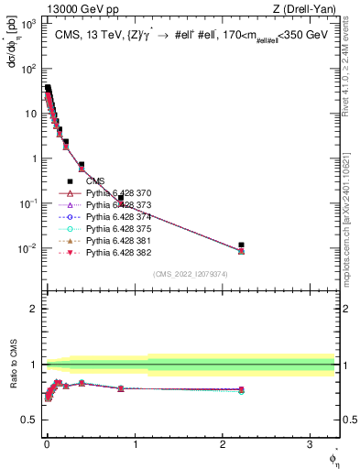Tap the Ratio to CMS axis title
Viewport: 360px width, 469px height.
12,365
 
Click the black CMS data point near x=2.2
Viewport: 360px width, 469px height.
241,245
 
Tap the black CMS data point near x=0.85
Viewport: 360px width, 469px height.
120,198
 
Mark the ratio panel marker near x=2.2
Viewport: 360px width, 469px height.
241,390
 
